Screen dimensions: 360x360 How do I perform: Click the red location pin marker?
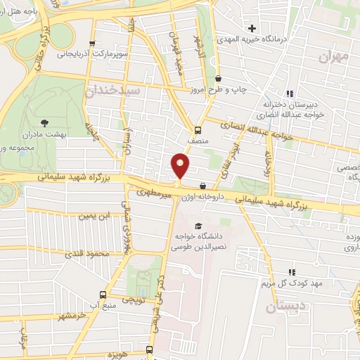pyautogui.click(x=180, y=166)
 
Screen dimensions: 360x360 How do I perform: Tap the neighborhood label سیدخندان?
pyautogui.click(x=112, y=91)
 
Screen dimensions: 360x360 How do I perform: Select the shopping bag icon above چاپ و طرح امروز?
pyautogui.click(x=218, y=79)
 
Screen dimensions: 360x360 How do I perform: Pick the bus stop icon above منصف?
pyautogui.click(x=197, y=129)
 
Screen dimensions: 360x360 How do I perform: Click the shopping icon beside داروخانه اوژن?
pyautogui.click(x=203, y=186)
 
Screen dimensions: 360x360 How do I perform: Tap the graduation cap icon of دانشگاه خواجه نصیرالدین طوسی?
pyautogui.click(x=198, y=226)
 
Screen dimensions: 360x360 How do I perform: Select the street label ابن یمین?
pyautogui.click(x=94, y=216)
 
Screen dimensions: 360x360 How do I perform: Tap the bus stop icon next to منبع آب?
pyautogui.click(x=103, y=295)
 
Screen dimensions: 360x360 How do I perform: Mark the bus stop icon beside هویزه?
pyautogui.click(x=149, y=349)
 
